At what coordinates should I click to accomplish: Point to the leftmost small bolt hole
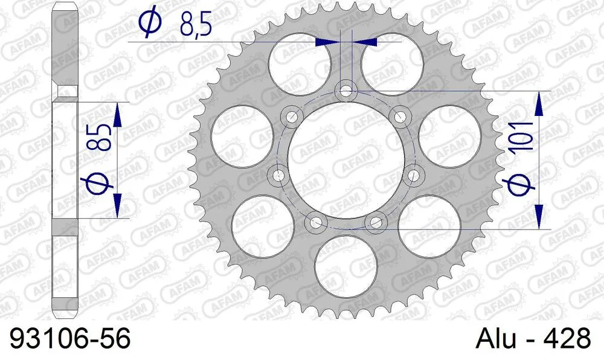278,176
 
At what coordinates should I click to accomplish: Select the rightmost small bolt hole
413,176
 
